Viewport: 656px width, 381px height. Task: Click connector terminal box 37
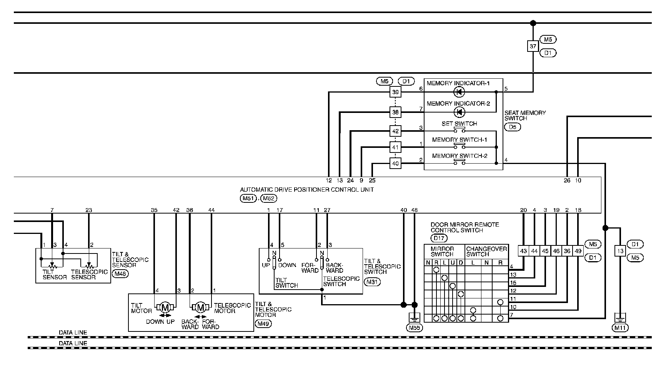[x=533, y=46]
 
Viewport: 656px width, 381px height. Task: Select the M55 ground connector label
[x=414, y=328]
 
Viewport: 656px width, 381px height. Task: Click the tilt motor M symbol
[x=165, y=307]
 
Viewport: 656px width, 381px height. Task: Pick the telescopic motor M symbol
[x=200, y=307]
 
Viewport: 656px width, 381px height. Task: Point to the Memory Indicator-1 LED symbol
[x=459, y=92]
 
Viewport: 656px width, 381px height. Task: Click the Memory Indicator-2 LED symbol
[x=459, y=112]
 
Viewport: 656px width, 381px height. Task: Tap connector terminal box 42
[x=395, y=131]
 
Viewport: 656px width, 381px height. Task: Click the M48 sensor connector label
[x=120, y=274]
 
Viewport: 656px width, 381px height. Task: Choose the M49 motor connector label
[x=263, y=323]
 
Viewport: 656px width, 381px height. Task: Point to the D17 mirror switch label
[x=439, y=238]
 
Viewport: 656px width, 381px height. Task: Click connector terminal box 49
[x=578, y=251]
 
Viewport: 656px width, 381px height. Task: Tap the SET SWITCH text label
[x=459, y=124]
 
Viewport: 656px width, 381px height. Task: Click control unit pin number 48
[x=414, y=210]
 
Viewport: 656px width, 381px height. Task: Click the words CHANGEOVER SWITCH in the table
[x=486, y=252]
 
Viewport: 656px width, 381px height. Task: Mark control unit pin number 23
[x=89, y=210]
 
